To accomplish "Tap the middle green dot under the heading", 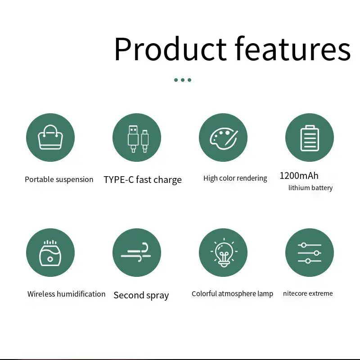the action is coord(183,80).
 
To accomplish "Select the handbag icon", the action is coord(50,137).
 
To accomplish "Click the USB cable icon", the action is coord(138,139).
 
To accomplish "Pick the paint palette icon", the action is coord(224,138).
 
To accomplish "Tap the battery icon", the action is coord(310,138).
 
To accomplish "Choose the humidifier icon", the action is coord(50,253).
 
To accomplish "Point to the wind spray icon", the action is coord(136,252).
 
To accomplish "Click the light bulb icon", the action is coord(224,253).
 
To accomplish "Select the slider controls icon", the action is coord(310,253).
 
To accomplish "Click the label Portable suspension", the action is coord(59,179).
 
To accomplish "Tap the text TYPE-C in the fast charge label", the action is coord(118,179).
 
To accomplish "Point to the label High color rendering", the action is coord(235,178).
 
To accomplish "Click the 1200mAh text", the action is coord(299,176).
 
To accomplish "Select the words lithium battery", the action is coord(310,188).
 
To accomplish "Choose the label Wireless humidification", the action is coord(66,294).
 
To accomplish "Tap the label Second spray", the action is coord(141,295).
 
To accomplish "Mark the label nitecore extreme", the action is coord(308,293).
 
